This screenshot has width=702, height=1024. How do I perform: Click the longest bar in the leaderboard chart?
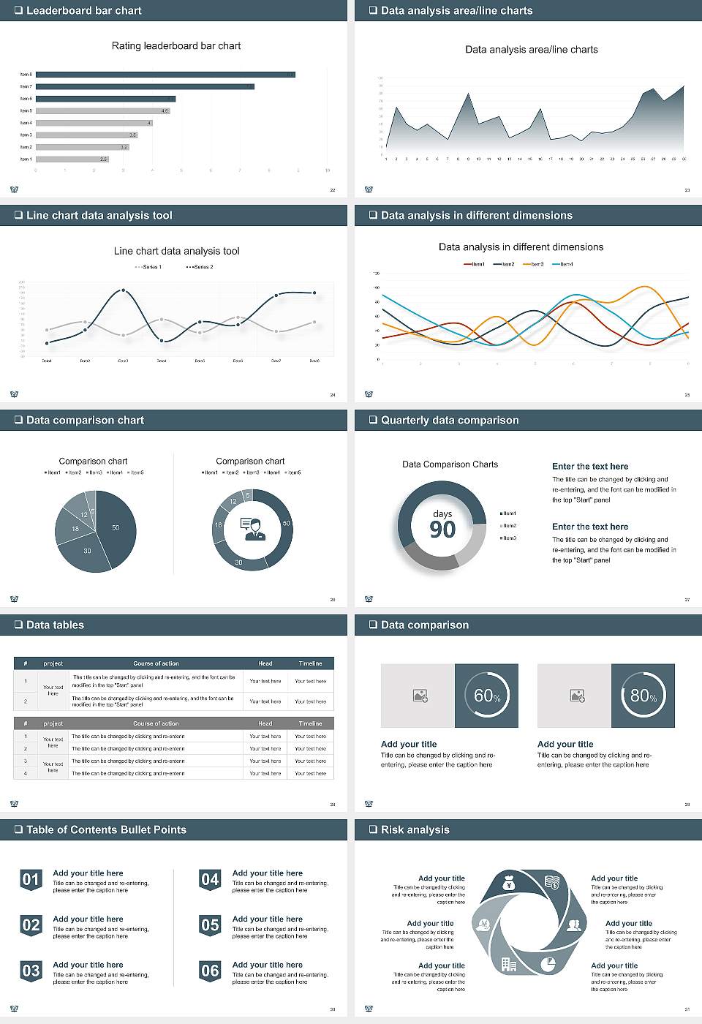click(x=165, y=75)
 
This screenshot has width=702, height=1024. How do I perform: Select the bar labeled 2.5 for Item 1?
click(x=72, y=159)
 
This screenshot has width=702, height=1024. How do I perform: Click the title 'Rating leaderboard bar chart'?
click(x=175, y=45)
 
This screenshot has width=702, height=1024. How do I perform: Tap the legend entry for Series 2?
click(x=200, y=267)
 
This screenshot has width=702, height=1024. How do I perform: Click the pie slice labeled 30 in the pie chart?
click(x=86, y=552)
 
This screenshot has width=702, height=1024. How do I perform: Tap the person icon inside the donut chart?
click(x=252, y=529)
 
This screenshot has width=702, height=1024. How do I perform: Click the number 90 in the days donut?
click(x=442, y=530)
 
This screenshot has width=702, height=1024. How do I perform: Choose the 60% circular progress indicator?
click(x=486, y=696)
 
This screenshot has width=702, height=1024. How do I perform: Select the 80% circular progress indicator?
click(x=643, y=696)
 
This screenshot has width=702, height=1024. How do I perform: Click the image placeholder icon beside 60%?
click(x=420, y=696)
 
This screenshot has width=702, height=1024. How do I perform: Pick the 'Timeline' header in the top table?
click(x=310, y=663)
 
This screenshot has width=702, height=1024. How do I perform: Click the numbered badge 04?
click(x=210, y=880)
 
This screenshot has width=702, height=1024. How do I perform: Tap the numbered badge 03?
click(x=31, y=971)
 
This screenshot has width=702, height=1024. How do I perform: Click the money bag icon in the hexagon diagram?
click(x=510, y=884)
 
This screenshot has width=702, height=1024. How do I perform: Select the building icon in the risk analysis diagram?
click(x=509, y=964)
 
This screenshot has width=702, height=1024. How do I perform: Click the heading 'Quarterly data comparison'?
click(x=450, y=421)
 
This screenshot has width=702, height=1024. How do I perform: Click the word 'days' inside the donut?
click(x=442, y=513)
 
